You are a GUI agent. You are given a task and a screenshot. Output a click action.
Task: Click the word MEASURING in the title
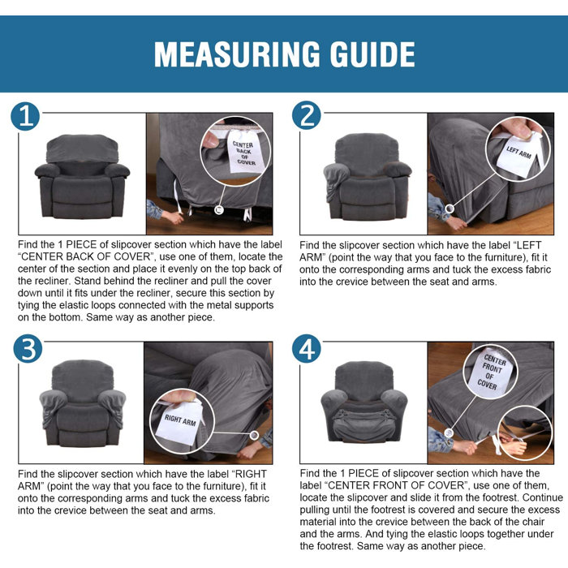(x=237, y=54)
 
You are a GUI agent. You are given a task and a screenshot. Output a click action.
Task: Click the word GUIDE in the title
(x=372, y=54)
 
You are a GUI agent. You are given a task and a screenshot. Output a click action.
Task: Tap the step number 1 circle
(x=25, y=116)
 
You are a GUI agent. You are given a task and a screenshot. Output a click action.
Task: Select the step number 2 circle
(x=307, y=115)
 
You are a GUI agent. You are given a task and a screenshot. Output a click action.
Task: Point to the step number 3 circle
(x=28, y=348)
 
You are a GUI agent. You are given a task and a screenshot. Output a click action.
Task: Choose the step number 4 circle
(x=307, y=348)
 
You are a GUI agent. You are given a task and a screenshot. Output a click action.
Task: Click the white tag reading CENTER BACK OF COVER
(x=244, y=152)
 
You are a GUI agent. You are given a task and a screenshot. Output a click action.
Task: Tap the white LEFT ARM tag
(x=518, y=155)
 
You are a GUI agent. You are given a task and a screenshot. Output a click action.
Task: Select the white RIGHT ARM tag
(x=179, y=421)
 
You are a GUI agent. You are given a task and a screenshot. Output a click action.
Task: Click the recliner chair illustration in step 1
(x=82, y=177)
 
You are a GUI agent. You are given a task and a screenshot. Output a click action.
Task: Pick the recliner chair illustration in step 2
(x=367, y=177)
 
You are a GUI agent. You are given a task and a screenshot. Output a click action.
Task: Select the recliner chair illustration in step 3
(x=83, y=402)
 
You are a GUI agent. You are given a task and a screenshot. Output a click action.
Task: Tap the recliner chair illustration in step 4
(x=364, y=402)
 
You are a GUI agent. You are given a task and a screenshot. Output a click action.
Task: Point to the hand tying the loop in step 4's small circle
(x=514, y=445)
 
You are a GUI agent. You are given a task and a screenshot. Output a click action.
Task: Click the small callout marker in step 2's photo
(x=450, y=209)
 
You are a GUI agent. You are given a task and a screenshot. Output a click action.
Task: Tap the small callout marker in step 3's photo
(x=254, y=435)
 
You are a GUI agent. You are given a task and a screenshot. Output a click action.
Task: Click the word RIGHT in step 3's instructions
(x=251, y=474)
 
